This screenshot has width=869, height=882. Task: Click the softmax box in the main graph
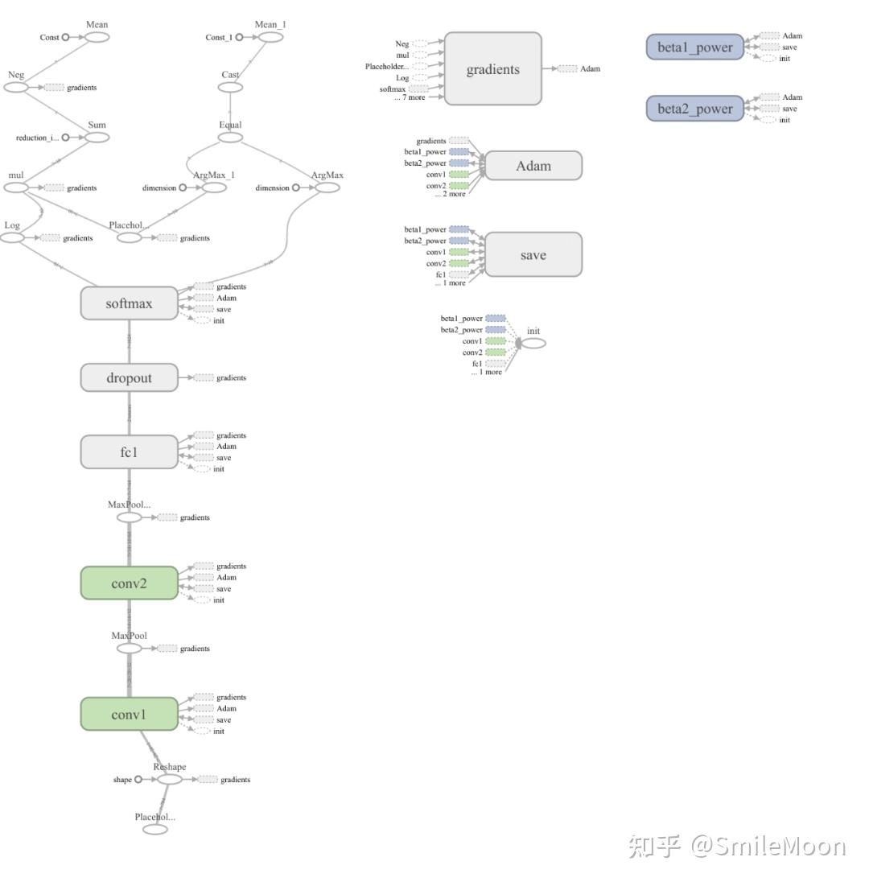tap(129, 303)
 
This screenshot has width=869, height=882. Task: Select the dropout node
tap(129, 377)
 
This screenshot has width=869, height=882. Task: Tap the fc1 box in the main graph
tap(129, 452)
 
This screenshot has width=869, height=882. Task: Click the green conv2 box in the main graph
tap(129, 583)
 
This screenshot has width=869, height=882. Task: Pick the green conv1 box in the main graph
tap(129, 715)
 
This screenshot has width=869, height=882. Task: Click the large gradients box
tap(493, 69)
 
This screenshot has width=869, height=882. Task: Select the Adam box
tap(533, 166)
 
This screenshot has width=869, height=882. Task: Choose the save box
tap(533, 255)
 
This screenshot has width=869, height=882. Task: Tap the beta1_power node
tap(694, 47)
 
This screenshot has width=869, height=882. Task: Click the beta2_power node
tap(694, 109)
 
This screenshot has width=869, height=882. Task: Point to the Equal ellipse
tap(230, 138)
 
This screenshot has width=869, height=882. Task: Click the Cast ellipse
tap(230, 87)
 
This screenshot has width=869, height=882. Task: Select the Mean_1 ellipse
tap(270, 37)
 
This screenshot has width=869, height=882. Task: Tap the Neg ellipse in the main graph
tap(16, 87)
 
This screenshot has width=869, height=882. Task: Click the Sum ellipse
tap(97, 138)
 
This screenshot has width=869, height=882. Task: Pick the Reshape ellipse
tap(169, 779)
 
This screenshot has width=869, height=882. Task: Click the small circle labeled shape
tap(138, 779)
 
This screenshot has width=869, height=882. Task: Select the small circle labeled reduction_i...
tap(65, 138)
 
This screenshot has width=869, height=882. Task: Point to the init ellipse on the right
tap(533, 344)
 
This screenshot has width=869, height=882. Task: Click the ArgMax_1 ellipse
tap(214, 188)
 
